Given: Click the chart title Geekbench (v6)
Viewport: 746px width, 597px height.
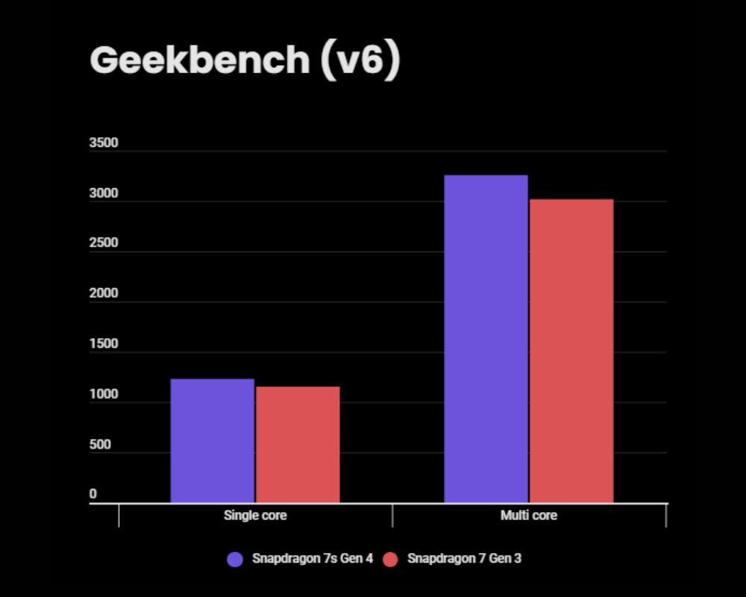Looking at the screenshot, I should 245,60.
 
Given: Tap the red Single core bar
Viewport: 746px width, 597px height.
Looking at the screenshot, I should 298,444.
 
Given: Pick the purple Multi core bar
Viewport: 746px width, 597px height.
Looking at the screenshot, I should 486,339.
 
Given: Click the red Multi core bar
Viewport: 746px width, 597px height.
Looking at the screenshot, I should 571,351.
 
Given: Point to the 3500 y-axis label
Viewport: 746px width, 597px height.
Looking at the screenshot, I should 104,143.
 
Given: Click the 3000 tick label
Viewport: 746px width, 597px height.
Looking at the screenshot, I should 104,194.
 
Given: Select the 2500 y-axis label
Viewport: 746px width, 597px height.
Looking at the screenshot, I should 104,244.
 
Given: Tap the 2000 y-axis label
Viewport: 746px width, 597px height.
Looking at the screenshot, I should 104,294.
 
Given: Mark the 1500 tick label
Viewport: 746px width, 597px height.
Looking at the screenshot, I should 104,344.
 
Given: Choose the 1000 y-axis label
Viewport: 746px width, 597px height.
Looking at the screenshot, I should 104,395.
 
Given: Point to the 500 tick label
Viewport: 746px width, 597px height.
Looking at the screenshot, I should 100,445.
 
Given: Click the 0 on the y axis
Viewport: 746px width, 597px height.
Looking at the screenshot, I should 93,494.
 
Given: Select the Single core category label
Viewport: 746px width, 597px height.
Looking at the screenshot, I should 255,516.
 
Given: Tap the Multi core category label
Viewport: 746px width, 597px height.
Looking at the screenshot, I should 529,516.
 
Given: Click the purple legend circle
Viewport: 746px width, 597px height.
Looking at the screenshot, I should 235,559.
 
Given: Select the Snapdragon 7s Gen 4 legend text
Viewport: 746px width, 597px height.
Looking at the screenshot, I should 312,559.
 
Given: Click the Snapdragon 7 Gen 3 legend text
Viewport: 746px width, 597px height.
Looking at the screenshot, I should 464,559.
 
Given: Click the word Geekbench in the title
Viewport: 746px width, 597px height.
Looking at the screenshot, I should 199,60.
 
